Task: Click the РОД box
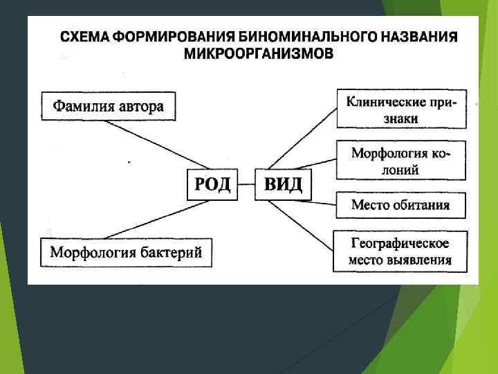tap(212, 185)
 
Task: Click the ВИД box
tap(283, 185)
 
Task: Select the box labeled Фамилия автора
tap(108, 107)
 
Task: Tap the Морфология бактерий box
tap(126, 253)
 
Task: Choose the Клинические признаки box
tap(402, 109)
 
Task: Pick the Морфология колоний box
tap(400, 161)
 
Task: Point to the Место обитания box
tap(400, 205)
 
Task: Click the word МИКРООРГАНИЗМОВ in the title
tap(258, 53)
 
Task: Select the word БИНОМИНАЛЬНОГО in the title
tap(313, 36)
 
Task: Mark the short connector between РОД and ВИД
tap(246, 185)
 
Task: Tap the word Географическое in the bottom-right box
tap(400, 244)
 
